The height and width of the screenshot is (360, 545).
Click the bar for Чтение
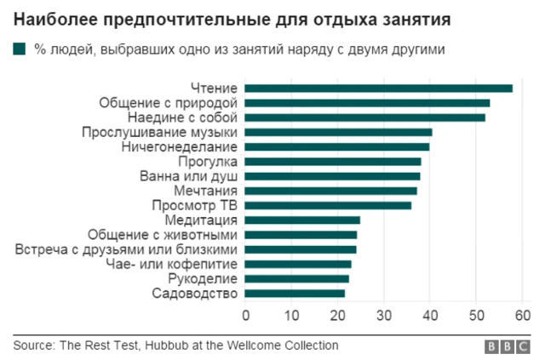tap(379, 88)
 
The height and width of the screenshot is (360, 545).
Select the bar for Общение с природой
tap(367, 103)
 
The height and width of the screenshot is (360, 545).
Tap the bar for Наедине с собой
tap(365, 117)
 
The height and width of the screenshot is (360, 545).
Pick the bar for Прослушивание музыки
tap(338, 132)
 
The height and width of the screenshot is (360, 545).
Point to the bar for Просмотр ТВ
tap(328, 205)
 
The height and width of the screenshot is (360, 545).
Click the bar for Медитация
tap(302, 220)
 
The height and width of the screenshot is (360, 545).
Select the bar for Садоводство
tap(295, 294)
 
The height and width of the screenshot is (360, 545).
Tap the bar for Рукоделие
tap(297, 278)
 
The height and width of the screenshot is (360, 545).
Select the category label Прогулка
tap(208, 162)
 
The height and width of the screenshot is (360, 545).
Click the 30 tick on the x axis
tap(384, 315)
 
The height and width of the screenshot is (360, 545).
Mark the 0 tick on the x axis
tap(246, 315)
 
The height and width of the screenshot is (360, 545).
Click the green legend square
tap(20, 49)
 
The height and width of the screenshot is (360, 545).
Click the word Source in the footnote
tap(32, 346)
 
